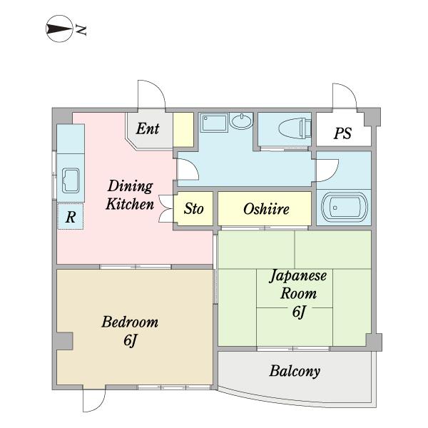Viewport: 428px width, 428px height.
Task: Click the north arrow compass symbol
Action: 59,29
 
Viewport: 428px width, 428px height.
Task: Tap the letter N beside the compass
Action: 81,30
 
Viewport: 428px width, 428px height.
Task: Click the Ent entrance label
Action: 148,128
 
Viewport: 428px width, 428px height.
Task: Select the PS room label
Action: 342,133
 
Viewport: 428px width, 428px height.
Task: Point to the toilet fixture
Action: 295,128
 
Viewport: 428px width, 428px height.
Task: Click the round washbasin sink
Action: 241,121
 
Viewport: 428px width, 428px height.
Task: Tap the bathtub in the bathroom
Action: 345,208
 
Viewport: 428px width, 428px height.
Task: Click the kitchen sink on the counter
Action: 71,180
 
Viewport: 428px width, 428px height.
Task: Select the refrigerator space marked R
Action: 71,216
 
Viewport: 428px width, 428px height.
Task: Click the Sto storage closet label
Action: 193,209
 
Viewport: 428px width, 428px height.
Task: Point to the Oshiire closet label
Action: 266,209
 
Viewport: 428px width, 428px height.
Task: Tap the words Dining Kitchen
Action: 130,195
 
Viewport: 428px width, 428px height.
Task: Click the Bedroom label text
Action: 130,322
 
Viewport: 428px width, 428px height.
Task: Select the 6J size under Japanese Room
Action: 299,312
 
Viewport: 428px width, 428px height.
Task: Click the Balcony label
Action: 295,371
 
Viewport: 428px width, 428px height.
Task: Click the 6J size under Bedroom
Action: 130,340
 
